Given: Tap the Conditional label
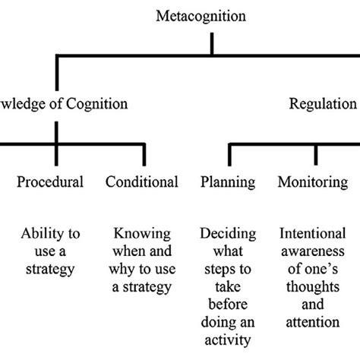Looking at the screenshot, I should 142,182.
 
